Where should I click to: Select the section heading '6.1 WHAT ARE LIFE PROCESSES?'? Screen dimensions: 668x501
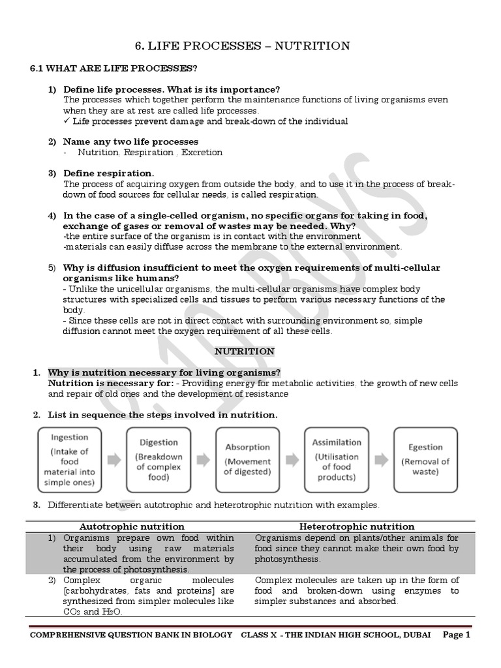pos(114,68)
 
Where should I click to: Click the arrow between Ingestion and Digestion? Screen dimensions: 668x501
pos(114,460)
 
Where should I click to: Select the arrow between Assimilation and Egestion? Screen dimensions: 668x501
pos(381,460)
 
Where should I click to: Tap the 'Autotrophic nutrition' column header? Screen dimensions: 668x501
pos(132,526)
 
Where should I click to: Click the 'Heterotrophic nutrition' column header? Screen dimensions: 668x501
pos(356,526)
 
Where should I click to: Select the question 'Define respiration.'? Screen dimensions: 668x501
pos(108,173)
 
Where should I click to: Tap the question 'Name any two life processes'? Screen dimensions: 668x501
pos(130,142)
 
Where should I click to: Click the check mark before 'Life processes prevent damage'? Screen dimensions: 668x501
pos(67,121)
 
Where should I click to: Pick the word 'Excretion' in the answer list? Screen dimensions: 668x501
pos(202,153)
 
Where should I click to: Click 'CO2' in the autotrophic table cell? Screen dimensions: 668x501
pos(71,613)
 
